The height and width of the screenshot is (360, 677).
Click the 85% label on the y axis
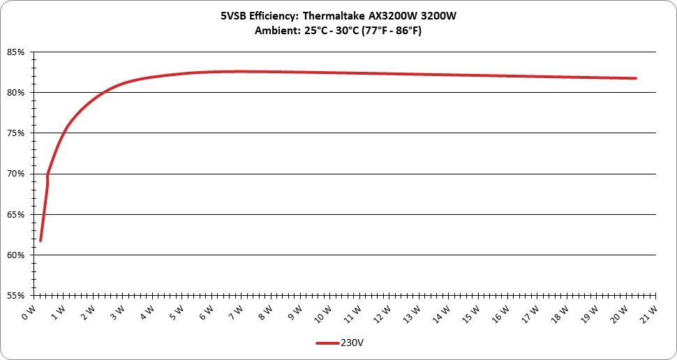pyautogui.click(x=15, y=52)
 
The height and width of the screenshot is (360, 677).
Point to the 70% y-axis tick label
pyautogui.click(x=15, y=174)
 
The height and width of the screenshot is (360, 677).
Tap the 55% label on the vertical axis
pyautogui.click(x=15, y=296)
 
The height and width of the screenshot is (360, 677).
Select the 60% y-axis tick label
pyautogui.click(x=15, y=255)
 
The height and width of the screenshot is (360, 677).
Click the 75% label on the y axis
pyautogui.click(x=15, y=133)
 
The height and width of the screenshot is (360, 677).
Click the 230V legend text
pyautogui.click(x=349, y=343)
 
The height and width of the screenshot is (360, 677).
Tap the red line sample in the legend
pyautogui.click(x=327, y=343)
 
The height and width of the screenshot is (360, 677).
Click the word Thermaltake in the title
pyautogui.click(x=329, y=17)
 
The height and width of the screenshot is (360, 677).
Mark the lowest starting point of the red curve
pyautogui.click(x=40, y=241)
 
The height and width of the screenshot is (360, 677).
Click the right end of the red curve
pyautogui.click(x=636, y=78)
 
